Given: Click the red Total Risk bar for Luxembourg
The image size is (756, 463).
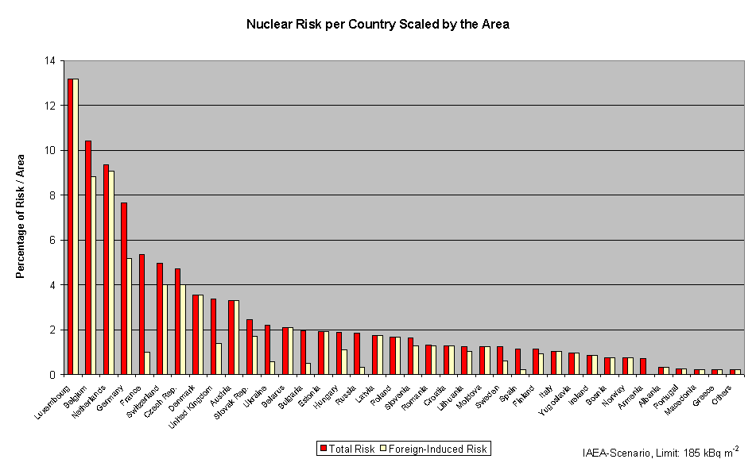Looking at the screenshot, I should coord(70,226).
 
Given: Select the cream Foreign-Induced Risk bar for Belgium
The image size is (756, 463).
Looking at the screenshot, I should coord(94,275).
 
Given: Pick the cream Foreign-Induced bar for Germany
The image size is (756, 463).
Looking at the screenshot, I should coord(130,316).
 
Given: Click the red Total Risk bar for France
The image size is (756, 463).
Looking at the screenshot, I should coord(142,314).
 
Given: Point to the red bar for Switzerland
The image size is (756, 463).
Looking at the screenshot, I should coord(160,318).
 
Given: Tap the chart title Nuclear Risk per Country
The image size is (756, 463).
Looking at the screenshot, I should coord(378,25).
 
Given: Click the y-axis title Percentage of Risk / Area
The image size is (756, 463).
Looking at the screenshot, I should coord(21,216).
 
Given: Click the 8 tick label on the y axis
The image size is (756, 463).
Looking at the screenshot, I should coord(52,195).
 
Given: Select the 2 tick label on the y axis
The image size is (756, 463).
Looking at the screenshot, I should coord(52,330).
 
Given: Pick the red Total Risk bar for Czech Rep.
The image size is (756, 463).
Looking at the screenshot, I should coord(177,321).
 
